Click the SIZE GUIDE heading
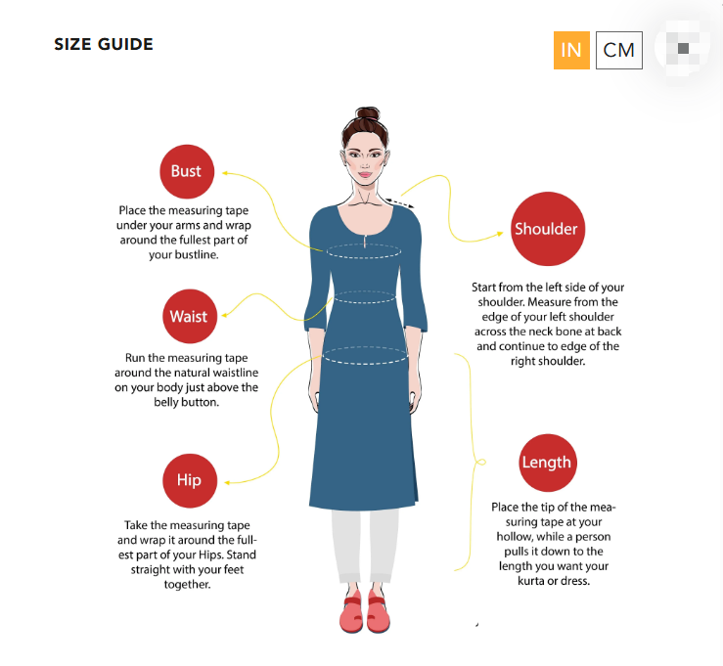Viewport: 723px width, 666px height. (104, 44)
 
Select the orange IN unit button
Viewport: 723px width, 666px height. (571, 50)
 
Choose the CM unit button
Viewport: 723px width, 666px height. (619, 50)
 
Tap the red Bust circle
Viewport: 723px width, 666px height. (186, 171)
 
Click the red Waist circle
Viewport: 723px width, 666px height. (188, 316)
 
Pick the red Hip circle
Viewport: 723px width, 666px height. (189, 479)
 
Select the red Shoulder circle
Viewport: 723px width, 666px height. (546, 229)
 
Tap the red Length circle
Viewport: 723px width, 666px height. (546, 462)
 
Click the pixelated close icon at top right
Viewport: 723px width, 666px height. (683, 47)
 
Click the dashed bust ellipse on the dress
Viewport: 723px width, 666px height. (365, 251)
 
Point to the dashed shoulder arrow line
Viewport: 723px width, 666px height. (401, 202)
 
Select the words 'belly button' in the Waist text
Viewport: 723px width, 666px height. (185, 402)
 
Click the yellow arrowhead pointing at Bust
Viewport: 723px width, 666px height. (225, 172)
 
